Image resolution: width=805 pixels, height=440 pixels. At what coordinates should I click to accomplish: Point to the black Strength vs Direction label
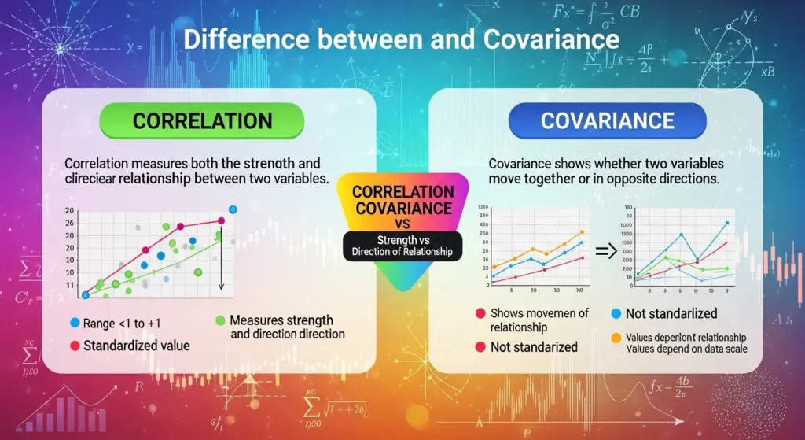point(402,246)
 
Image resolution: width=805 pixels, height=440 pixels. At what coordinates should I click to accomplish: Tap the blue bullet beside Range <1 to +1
point(75,323)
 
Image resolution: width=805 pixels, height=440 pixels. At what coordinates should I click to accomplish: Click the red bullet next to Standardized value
point(75,345)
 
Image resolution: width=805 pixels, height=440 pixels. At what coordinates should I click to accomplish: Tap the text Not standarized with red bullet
point(534,347)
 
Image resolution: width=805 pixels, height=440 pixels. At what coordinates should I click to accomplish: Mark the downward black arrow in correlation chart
point(222,260)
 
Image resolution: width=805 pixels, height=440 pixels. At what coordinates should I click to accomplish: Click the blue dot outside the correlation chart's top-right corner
point(233,209)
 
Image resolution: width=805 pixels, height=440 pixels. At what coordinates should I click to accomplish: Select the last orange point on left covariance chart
point(581,232)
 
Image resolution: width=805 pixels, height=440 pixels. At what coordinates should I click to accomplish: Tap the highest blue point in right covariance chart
point(726,223)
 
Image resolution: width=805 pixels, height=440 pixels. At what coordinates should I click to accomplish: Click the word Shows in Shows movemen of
point(507,313)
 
